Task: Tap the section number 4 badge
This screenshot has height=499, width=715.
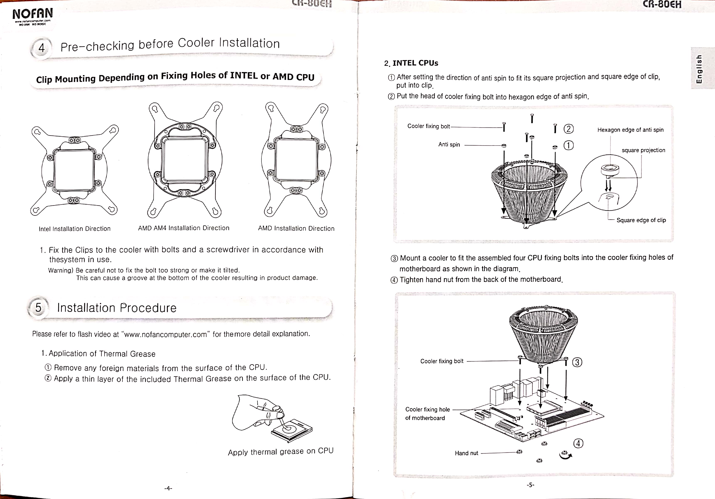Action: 41,48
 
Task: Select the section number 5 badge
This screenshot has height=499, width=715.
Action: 38,308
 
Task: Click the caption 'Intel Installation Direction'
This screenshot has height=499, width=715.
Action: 74,229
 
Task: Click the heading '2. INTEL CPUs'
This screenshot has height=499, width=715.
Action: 411,63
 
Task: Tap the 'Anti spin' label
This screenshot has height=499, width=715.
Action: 449,145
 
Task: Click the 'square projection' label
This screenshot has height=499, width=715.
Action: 643,150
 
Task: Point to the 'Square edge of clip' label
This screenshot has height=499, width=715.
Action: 641,220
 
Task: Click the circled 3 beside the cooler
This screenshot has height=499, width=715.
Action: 577,362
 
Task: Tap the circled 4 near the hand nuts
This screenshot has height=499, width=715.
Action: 578,443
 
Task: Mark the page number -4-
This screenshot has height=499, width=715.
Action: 168,488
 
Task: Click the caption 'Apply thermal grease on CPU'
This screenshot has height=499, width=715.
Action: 280,452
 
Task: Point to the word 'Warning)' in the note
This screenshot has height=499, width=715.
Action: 60,270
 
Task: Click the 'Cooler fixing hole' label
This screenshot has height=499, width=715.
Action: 427,410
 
